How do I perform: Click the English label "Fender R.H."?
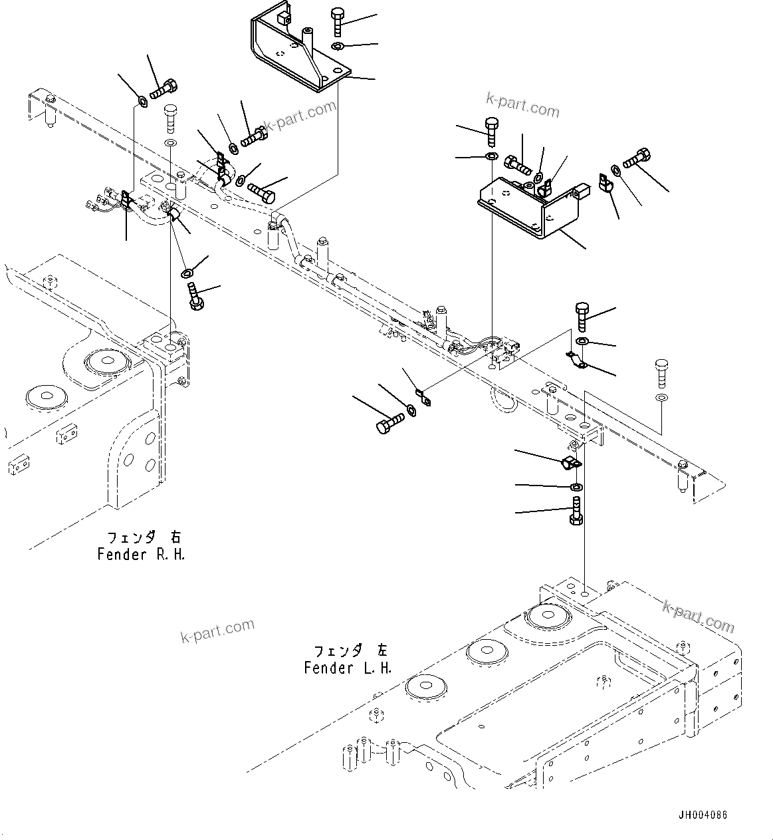tap(141, 555)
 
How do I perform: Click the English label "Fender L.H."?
tap(348, 668)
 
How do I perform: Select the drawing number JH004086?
tap(703, 815)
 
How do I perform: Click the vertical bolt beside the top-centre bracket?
tap(338, 22)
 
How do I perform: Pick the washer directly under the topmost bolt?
tap(337, 46)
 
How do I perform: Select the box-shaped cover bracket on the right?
tap(525, 206)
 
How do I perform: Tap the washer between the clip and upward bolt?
tap(576, 488)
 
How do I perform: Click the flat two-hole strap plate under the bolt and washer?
tap(575, 360)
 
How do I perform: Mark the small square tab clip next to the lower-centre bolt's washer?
tap(423, 398)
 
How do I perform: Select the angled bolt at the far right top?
tap(637, 157)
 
